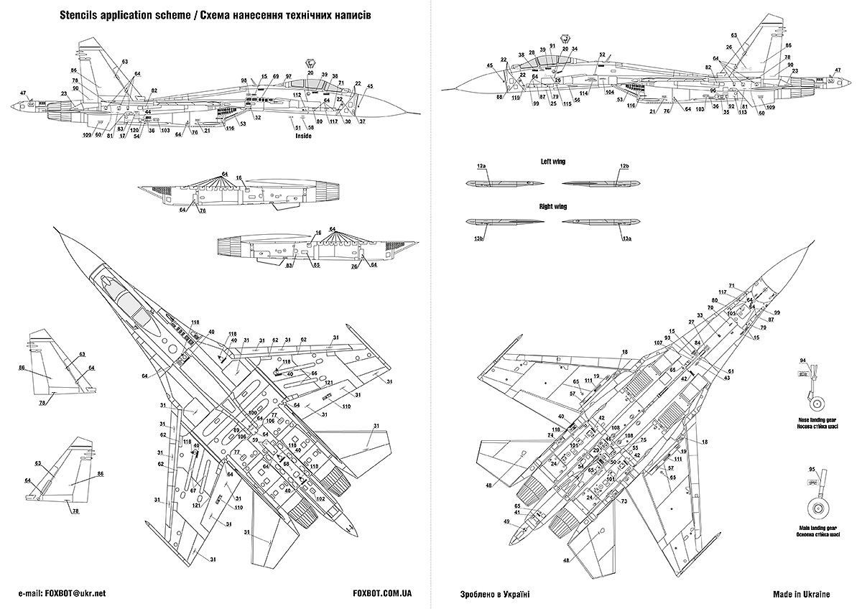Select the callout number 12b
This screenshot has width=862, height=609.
624,166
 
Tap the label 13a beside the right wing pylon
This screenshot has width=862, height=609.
627,238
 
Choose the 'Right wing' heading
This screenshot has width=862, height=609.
553,206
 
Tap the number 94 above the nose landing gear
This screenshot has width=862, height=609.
803,360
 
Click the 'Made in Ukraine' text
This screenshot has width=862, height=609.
801,594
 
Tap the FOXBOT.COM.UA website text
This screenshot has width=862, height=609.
383,594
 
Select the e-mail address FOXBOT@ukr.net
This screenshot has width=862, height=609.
75,594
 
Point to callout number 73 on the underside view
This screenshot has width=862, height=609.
624,501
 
